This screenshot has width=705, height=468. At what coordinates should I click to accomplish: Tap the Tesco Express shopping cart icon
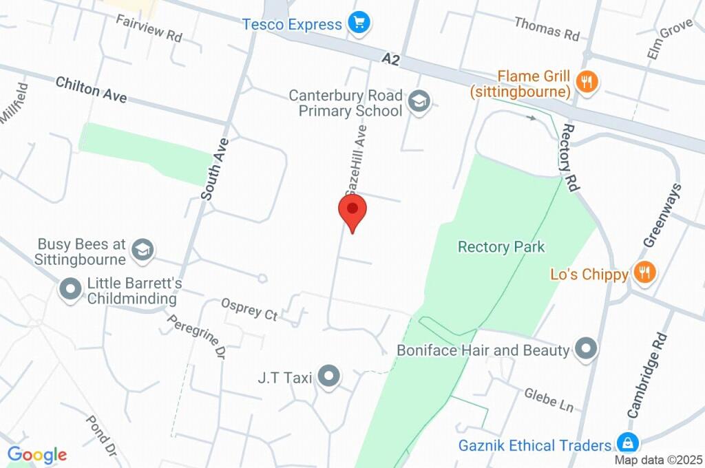(358, 23)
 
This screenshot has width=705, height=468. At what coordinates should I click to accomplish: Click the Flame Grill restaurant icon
(587, 82)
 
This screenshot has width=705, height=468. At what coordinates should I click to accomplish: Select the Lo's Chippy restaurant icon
(644, 272)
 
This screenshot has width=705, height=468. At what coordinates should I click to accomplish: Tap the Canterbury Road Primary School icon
(417, 103)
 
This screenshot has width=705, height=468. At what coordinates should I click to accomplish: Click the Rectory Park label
(501, 246)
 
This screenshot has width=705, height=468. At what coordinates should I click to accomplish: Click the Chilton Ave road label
(92, 90)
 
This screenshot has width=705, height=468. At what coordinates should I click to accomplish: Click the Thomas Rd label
(547, 28)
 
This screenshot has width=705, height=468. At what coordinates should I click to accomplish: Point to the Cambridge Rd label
(647, 375)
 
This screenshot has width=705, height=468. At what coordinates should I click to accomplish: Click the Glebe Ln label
(549, 398)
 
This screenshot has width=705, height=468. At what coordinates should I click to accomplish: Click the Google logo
(37, 454)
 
